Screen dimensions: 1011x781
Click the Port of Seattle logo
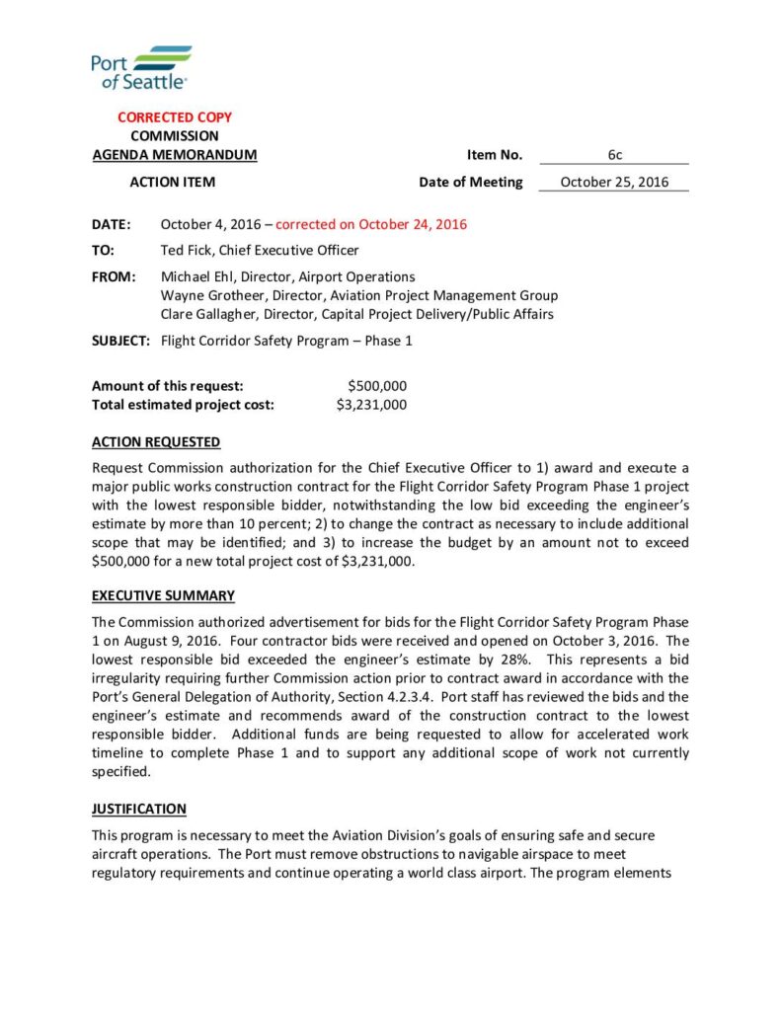(140, 68)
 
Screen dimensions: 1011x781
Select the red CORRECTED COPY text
(175, 117)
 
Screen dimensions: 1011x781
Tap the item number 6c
(613, 155)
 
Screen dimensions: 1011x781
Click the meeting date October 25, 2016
(613, 182)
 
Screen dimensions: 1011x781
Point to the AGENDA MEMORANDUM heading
(175, 155)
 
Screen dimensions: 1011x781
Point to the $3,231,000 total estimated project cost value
(371, 404)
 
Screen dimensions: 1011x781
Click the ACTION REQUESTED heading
(156, 442)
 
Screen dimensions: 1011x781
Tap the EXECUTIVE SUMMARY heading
(163, 595)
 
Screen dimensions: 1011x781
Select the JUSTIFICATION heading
(139, 809)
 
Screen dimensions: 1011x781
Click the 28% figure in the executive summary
(515, 659)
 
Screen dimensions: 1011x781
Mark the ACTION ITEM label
(173, 182)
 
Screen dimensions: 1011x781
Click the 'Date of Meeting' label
(470, 182)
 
